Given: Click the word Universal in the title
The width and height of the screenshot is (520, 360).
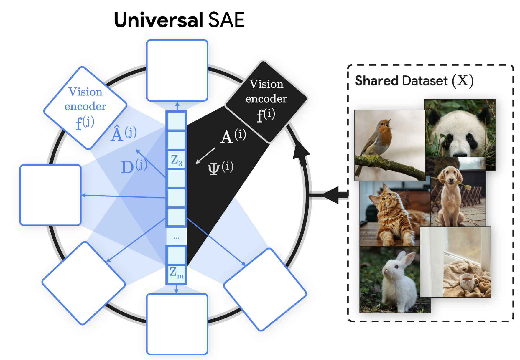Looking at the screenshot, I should [x=158, y=20].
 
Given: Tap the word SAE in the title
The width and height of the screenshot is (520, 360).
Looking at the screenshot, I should [x=226, y=20].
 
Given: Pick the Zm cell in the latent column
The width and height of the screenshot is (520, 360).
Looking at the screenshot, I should [x=176, y=273].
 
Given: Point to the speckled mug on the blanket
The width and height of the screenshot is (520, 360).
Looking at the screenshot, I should [x=469, y=281].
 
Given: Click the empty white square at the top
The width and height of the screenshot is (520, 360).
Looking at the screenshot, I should [x=177, y=71].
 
